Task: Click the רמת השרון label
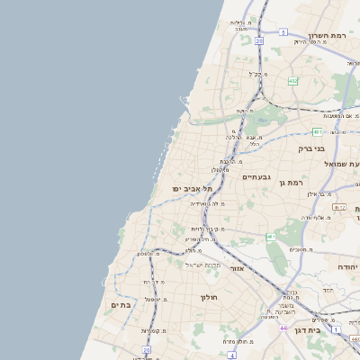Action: pos(328,37)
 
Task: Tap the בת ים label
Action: pos(121,305)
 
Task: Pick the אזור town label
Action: pos(238,268)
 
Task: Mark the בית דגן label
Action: pos(308,331)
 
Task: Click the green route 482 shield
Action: pos(292,81)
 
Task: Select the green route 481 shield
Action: pos(318,132)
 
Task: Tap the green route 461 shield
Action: pos(272,237)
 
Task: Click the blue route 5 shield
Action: pos(283,32)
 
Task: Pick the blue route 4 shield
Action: pos(231,355)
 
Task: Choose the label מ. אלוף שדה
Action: pos(315,217)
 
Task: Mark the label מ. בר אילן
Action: pos(320,193)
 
